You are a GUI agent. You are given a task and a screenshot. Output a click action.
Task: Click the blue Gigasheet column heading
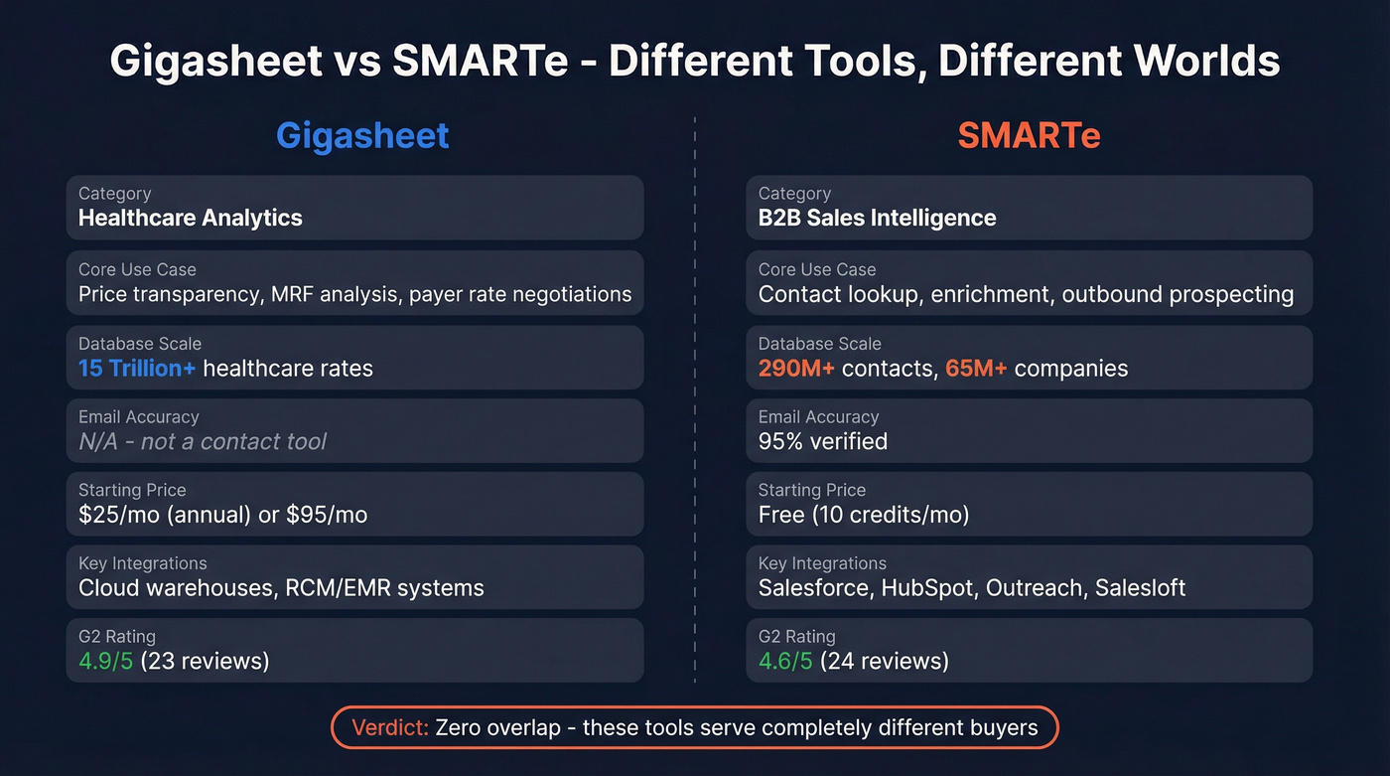[x=362, y=135]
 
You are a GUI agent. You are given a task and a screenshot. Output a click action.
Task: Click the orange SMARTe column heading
[x=1029, y=135]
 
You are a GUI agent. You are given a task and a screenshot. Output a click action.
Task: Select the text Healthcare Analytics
[x=191, y=219]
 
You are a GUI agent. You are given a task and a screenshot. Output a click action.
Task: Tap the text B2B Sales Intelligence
[x=877, y=219]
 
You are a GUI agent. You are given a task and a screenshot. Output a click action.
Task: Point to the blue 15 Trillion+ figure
[x=137, y=369]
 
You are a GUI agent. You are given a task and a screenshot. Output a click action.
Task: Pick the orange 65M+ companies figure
[x=976, y=369]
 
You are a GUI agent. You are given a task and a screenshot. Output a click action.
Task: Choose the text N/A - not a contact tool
[x=203, y=442]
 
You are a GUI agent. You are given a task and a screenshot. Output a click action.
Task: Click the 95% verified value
[x=823, y=442]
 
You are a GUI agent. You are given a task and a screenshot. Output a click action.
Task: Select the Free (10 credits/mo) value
[x=864, y=515]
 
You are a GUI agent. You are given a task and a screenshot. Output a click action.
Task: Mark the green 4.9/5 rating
[x=105, y=661]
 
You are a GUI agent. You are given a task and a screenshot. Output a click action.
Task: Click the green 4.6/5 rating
[x=785, y=661]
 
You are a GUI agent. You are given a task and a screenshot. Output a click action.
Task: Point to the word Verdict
[x=389, y=727]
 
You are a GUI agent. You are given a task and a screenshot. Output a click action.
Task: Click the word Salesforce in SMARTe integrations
[x=813, y=588]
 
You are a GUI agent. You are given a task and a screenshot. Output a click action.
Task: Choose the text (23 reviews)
[x=206, y=661]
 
